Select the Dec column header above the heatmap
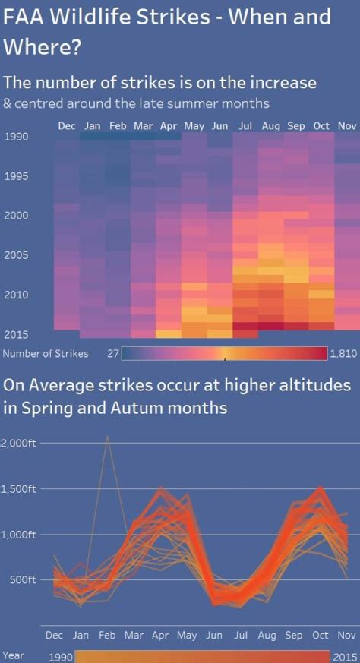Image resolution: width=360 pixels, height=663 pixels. [67, 126]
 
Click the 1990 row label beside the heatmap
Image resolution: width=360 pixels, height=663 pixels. [16, 137]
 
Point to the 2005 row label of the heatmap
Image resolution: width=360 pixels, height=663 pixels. [16, 255]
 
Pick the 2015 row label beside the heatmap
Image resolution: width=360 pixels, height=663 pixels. [16, 334]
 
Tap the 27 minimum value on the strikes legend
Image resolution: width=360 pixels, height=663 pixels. [113, 353]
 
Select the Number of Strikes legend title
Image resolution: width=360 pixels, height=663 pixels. [46, 353]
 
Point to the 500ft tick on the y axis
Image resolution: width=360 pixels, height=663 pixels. [23, 579]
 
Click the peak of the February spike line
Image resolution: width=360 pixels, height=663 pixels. [107, 437]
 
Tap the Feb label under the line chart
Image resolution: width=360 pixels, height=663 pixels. [107, 635]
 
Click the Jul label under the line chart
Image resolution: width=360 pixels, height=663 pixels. [240, 635]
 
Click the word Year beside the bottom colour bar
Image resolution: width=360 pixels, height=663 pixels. [13, 655]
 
